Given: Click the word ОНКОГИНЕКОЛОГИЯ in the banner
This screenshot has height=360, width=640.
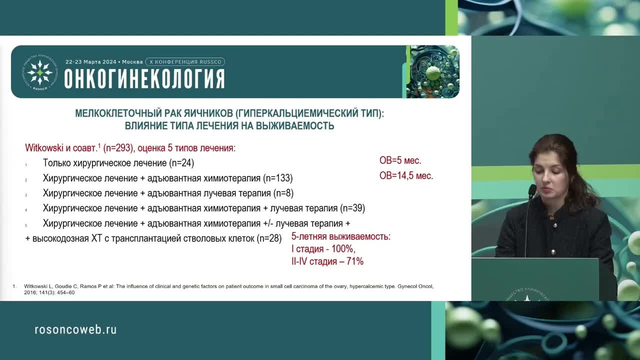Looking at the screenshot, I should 144,79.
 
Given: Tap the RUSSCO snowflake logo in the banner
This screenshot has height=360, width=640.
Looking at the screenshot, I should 39,72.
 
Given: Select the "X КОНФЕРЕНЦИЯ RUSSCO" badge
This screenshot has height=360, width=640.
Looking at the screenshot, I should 185,62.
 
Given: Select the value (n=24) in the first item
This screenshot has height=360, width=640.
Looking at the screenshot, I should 181,163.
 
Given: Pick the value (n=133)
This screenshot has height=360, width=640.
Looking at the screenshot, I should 277,178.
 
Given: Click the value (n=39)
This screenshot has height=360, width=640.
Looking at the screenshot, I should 352,208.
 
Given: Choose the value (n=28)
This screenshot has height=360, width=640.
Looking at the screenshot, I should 269,238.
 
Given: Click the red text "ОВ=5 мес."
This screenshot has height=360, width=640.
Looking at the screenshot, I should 400,160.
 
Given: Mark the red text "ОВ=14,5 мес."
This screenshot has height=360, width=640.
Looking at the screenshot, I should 406,175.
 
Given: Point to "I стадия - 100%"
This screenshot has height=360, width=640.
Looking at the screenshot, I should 323,249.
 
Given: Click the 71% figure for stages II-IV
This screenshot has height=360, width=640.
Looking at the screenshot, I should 354,261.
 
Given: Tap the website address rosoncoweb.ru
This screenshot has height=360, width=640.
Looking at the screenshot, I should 75,329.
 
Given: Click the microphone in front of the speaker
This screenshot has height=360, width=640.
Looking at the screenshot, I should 532,190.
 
